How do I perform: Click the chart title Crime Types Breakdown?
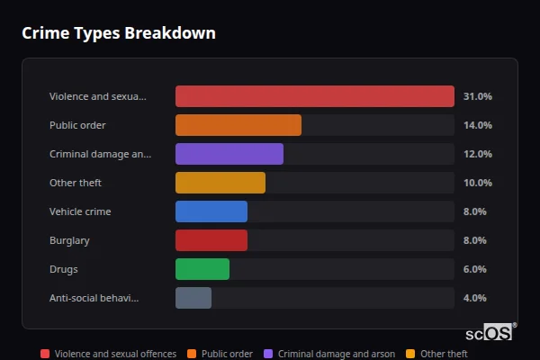pos(118,33)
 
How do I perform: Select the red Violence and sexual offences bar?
pos(314,96)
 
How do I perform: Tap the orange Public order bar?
pos(238,125)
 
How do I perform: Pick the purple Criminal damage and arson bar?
pos(229,154)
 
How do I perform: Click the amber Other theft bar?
pos(220,183)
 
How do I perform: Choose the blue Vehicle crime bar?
pos(211,211)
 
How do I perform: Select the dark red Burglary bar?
pos(211,240)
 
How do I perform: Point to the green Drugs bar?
pos(202,269)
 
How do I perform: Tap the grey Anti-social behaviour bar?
pos(193,298)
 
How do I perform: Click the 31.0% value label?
pos(477,96)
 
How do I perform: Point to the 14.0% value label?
pos(477,125)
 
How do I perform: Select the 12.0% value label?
pos(477,154)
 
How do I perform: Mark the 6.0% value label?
pos(474,269)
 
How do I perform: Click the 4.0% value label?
pos(474,298)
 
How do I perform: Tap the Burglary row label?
pos(69,240)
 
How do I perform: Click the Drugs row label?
pos(63,269)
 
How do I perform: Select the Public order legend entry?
pos(221,355)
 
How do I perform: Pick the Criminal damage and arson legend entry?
pos(330,355)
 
